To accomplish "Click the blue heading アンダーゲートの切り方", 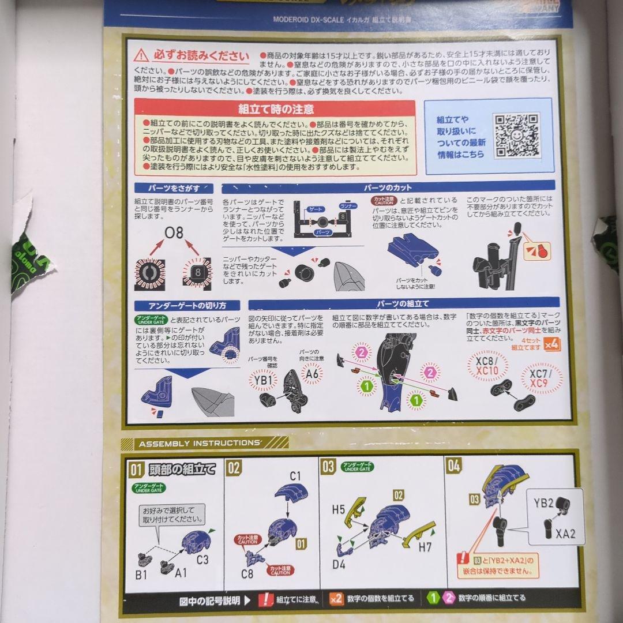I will [187, 305].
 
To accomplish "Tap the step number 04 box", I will [454, 466].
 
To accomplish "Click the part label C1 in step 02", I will [296, 476].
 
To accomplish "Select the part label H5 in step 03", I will [338, 509].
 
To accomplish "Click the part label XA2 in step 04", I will [565, 534].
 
